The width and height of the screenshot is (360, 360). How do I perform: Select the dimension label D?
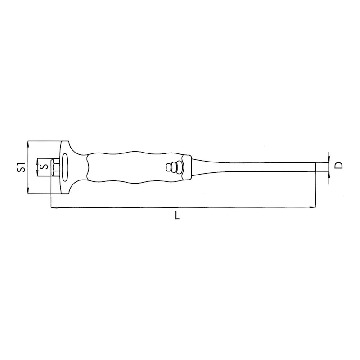point(339,165)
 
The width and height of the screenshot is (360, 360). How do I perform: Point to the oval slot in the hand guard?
point(65,167)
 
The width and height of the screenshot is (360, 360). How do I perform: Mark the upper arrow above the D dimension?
point(329,159)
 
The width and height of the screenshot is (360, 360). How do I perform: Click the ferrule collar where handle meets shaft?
point(188,167)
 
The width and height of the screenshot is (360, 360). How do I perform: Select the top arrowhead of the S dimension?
point(36,160)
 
